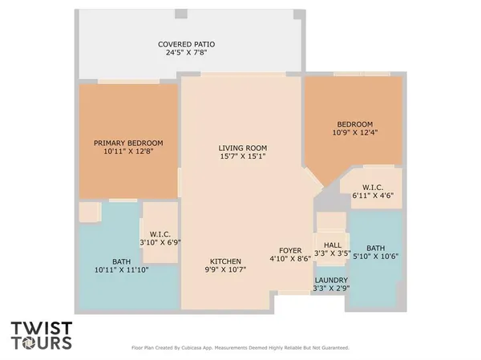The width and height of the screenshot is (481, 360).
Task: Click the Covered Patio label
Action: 186,44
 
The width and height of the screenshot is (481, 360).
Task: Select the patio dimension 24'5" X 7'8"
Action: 186,53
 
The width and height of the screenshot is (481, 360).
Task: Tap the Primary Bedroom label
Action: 128,143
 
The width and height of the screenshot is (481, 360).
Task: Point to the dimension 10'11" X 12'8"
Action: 128,152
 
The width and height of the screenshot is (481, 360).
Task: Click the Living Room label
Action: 243,148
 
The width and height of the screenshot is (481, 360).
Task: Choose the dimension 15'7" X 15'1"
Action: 243,156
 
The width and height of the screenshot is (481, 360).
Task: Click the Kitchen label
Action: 226,261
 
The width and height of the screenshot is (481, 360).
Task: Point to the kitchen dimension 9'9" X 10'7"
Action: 226,270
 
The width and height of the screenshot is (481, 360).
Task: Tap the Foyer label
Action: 289,250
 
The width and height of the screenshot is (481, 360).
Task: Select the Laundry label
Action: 329,279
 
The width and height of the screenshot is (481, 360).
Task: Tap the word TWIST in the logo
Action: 42,328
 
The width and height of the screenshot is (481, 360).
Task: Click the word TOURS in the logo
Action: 42,343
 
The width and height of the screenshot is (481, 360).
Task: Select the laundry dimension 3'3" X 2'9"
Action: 329,288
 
